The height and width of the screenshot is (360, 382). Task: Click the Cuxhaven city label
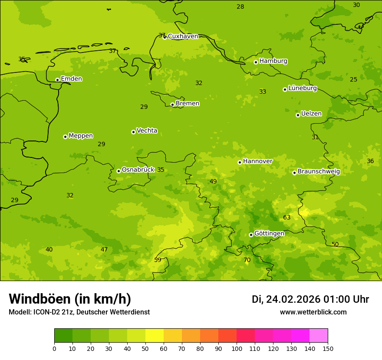(x=183, y=36)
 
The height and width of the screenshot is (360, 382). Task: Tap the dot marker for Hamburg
(x=256, y=62)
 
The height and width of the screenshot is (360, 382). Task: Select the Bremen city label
(x=188, y=104)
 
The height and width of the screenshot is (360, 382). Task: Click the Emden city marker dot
(x=57, y=80)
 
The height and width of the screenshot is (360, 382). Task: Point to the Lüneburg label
(x=302, y=88)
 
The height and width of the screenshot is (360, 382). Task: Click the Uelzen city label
(x=311, y=114)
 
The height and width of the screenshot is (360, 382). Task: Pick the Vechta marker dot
(x=133, y=132)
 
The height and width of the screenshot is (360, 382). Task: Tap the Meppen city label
(x=81, y=136)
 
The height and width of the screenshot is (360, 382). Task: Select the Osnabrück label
(x=138, y=170)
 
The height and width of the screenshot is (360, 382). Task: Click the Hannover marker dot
(x=240, y=162)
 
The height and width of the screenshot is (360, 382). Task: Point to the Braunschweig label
(x=319, y=172)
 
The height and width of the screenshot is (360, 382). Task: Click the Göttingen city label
(x=269, y=234)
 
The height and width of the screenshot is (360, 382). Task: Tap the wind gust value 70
(x=247, y=260)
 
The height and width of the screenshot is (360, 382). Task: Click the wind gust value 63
(x=287, y=217)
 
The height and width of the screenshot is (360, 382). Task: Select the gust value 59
(x=158, y=260)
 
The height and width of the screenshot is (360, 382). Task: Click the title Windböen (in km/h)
(x=70, y=299)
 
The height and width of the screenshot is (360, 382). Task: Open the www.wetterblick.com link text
(x=313, y=312)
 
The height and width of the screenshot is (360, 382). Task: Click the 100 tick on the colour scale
(x=237, y=348)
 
